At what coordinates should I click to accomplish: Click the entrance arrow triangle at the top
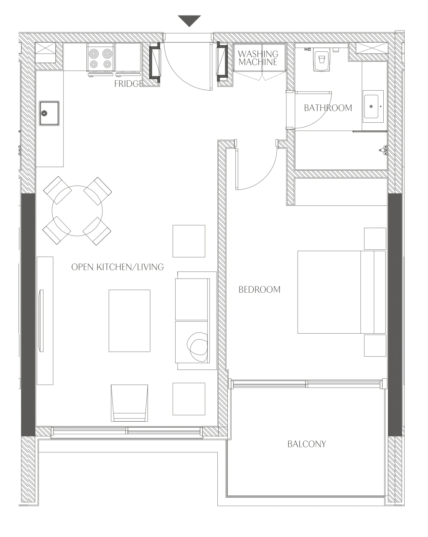click(x=189, y=20)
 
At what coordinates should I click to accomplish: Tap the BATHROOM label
click(x=328, y=108)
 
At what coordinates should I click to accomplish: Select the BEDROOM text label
click(x=259, y=289)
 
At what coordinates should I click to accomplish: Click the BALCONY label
click(x=306, y=444)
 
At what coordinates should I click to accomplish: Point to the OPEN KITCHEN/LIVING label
click(x=117, y=267)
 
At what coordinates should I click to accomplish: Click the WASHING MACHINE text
click(x=258, y=58)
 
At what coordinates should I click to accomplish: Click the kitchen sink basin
click(x=49, y=113)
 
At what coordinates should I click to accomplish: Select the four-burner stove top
click(x=100, y=59)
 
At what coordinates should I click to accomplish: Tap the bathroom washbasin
click(x=373, y=106)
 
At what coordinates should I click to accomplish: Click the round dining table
click(x=77, y=211)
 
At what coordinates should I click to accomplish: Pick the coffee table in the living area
click(x=130, y=321)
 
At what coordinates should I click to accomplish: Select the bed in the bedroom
click(x=341, y=292)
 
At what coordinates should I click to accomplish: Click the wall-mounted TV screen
click(x=41, y=321)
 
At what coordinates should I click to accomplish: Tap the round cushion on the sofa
click(x=197, y=347)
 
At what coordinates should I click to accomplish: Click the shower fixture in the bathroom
click(x=383, y=150)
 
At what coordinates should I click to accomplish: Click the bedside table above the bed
click(x=375, y=238)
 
